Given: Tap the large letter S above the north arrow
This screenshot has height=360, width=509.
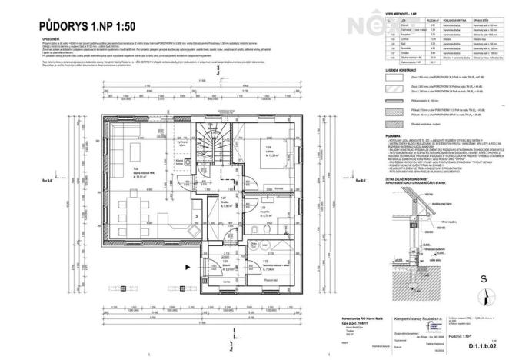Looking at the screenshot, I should (x=483, y=279).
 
